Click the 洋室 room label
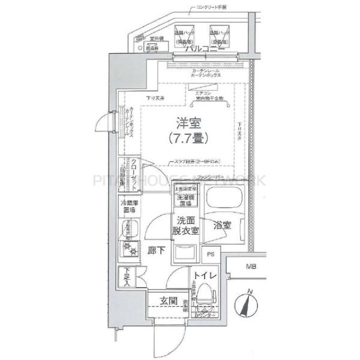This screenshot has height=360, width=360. [188, 123]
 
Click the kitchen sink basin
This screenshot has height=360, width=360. [127, 228]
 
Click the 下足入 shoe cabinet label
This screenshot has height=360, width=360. [126, 277]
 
